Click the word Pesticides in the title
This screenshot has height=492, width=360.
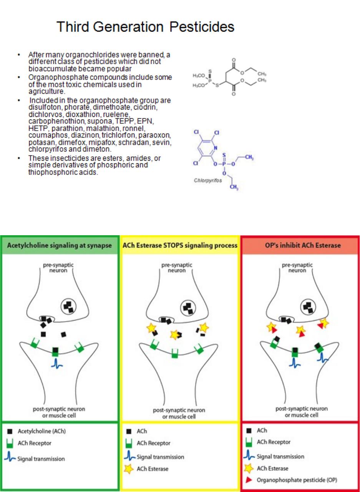click(x=202, y=27)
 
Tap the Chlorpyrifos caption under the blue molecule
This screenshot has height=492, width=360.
click(x=207, y=181)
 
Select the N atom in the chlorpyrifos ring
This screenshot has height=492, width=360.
click(x=216, y=148)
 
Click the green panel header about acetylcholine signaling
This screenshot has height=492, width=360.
click(x=60, y=245)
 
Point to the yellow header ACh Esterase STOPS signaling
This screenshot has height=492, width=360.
click(x=180, y=245)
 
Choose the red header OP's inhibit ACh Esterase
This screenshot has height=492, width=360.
click(x=303, y=245)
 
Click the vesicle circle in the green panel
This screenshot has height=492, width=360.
click(x=68, y=307)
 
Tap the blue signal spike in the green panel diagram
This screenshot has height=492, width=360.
click(x=57, y=363)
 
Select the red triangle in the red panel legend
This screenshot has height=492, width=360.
click(x=249, y=480)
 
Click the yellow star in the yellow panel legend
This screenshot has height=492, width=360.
click(x=129, y=469)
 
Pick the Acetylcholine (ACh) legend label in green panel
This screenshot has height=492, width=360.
click(x=42, y=431)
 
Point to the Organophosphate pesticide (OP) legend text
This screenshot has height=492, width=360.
click(x=297, y=480)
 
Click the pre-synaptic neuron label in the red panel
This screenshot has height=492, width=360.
click(x=297, y=268)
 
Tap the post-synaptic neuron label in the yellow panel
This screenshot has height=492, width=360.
click(x=179, y=413)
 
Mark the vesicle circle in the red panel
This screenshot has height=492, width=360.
click(x=309, y=307)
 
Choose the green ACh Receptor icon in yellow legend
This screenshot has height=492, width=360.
click(x=129, y=443)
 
